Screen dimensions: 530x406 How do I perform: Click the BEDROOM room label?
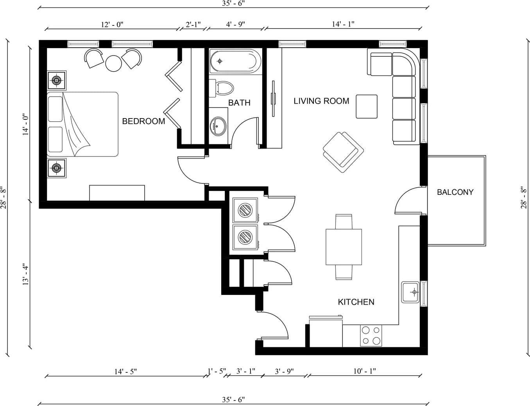143,121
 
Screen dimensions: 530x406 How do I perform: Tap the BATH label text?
239,103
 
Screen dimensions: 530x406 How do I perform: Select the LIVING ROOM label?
321,101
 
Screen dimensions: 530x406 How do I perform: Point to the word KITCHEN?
356,302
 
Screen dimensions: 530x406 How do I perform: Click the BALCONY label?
455,192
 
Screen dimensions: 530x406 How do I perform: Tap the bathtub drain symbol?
220,61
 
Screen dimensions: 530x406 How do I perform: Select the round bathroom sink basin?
218,126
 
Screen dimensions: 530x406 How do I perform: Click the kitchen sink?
410,292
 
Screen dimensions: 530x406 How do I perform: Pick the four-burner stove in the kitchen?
371,336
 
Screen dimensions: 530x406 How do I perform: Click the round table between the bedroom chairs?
113,63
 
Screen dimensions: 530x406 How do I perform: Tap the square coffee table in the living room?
367,107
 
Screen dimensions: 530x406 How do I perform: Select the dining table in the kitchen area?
344,247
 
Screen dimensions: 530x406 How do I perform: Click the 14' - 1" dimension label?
343,24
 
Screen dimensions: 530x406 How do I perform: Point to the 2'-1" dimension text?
193,24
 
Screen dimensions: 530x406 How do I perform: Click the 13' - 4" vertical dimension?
26,274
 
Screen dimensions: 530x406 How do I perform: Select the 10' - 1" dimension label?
365,371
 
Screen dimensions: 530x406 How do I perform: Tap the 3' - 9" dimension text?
284,371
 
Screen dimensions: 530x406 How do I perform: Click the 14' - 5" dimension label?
125,372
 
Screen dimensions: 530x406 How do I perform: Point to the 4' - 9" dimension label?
235,24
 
